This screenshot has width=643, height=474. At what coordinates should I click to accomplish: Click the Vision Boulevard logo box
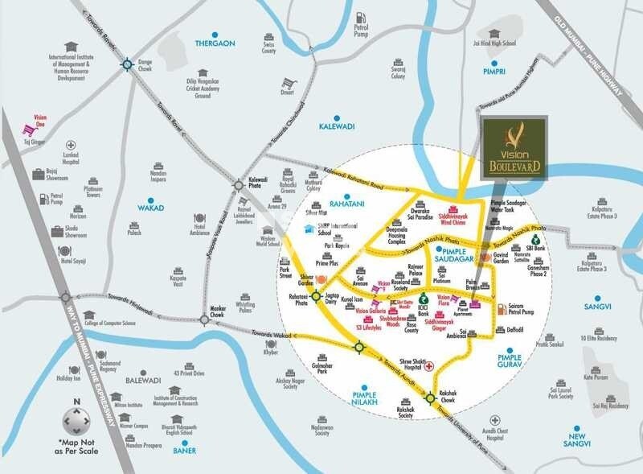click(x=514, y=146)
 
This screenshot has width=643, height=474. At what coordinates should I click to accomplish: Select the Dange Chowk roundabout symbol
click(x=127, y=64)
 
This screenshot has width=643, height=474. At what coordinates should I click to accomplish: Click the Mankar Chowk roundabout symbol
click(x=204, y=319)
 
